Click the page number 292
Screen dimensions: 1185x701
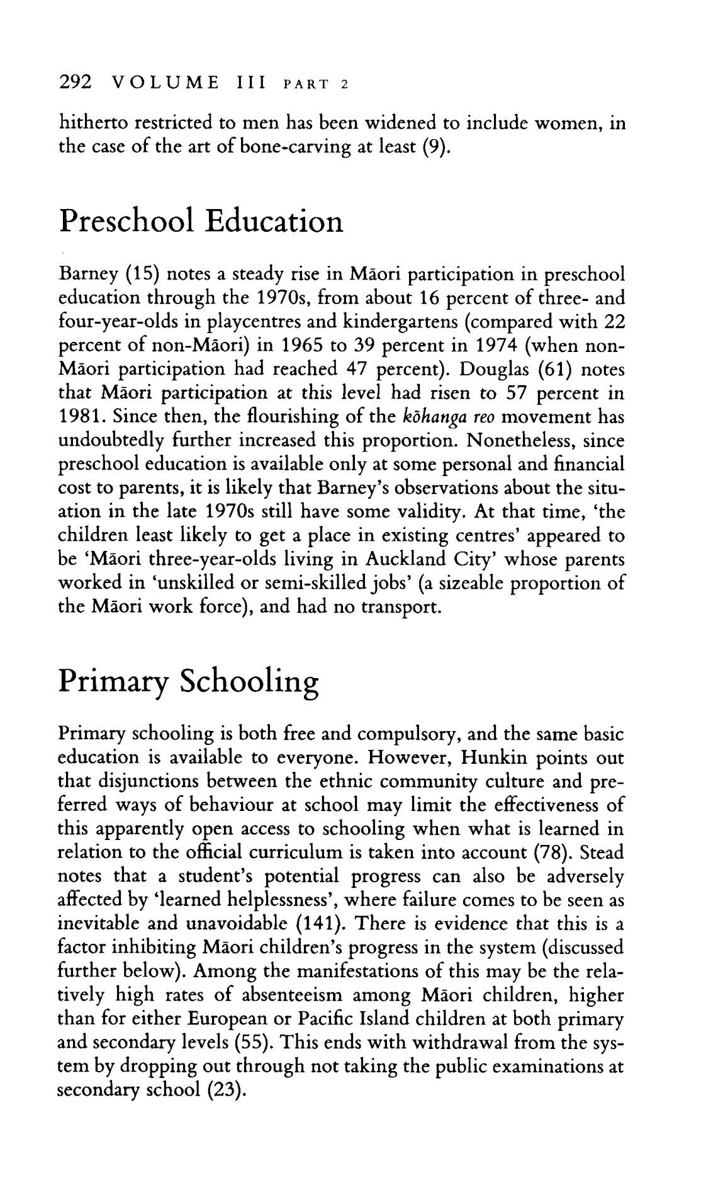point(75,82)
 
